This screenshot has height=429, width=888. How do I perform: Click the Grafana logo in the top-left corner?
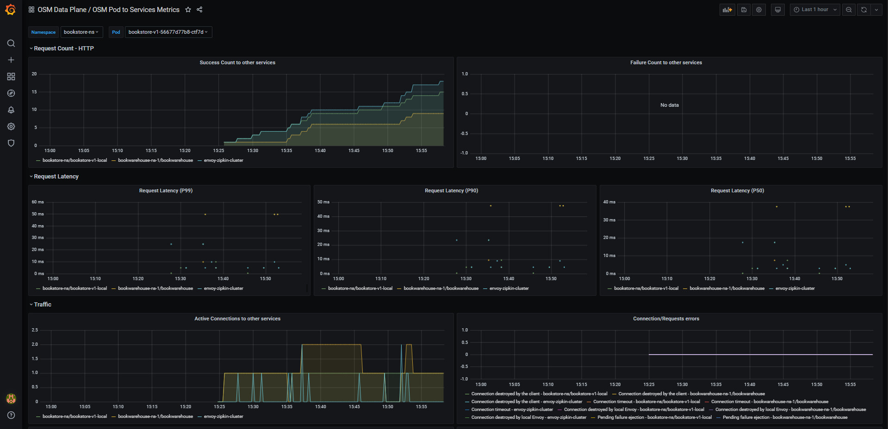11,10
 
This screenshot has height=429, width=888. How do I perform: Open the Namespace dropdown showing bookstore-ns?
81,32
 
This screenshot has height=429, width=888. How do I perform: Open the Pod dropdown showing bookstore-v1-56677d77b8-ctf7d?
168,32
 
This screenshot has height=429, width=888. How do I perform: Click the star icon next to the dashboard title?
188,10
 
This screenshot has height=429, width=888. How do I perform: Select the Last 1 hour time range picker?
814,10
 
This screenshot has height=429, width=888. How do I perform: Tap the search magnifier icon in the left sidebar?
11,43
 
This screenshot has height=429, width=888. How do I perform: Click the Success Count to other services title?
237,62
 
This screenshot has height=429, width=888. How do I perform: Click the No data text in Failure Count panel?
670,105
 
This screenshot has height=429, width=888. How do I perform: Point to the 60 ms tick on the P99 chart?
37,202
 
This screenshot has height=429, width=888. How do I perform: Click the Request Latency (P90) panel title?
452,190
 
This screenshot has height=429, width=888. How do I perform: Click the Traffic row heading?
43,305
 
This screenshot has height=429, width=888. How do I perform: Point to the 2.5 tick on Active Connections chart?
35,330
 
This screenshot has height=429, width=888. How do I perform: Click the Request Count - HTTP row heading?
64,49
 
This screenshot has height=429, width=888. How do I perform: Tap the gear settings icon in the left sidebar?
11,127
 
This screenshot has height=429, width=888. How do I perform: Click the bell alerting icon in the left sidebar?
11,110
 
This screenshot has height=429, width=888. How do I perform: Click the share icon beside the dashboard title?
199,10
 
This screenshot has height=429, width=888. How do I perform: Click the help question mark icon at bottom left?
11,415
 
